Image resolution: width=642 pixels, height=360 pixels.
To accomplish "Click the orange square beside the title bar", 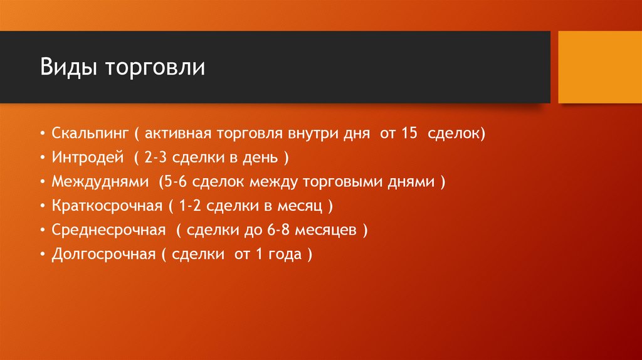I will click(x=599, y=67).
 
